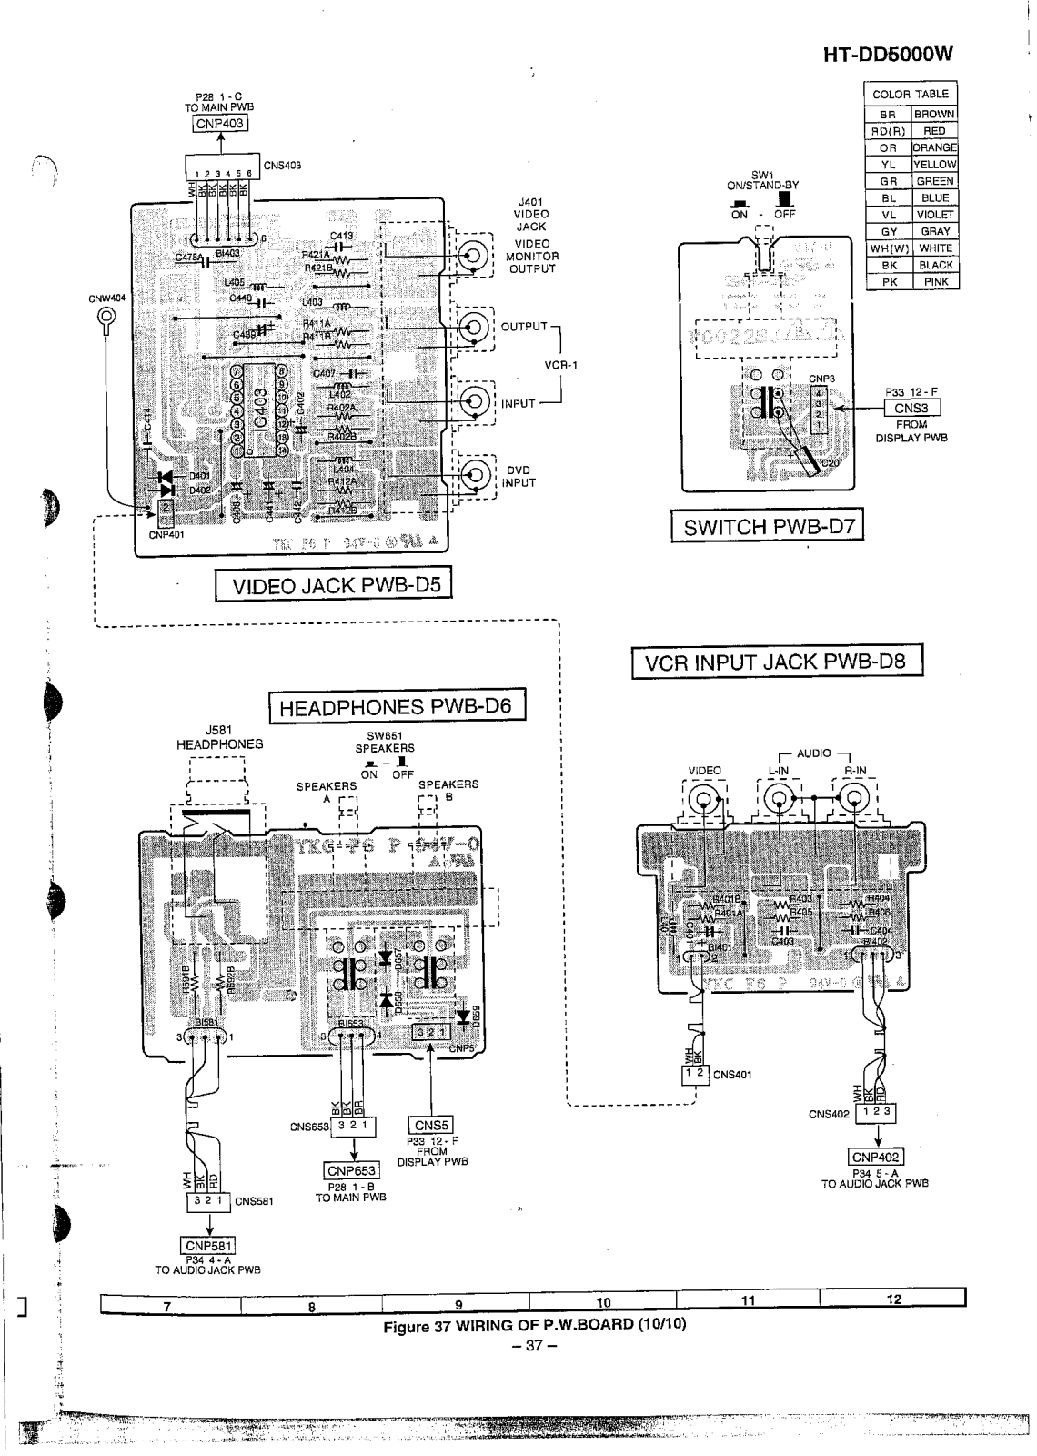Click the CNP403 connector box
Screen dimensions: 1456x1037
click(221, 125)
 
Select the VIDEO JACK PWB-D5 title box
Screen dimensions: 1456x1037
click(333, 585)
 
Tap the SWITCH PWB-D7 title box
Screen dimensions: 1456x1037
click(767, 527)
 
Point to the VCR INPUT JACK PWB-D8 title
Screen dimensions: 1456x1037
click(777, 662)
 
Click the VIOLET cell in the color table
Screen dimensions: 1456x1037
click(935, 215)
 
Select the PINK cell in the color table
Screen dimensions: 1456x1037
click(935, 282)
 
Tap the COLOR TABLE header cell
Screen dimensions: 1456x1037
click(910, 94)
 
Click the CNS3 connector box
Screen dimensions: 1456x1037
click(911, 409)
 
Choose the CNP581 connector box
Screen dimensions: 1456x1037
click(209, 1246)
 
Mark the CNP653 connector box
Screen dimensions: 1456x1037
click(351, 1170)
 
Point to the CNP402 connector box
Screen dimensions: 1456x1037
click(876, 1158)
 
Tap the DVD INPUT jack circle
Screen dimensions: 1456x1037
click(474, 474)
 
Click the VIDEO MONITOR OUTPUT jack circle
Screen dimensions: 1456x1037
click(474, 256)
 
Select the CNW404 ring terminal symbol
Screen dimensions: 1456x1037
click(107, 318)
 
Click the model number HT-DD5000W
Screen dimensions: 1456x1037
click(887, 54)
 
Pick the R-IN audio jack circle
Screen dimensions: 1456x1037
click(853, 799)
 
